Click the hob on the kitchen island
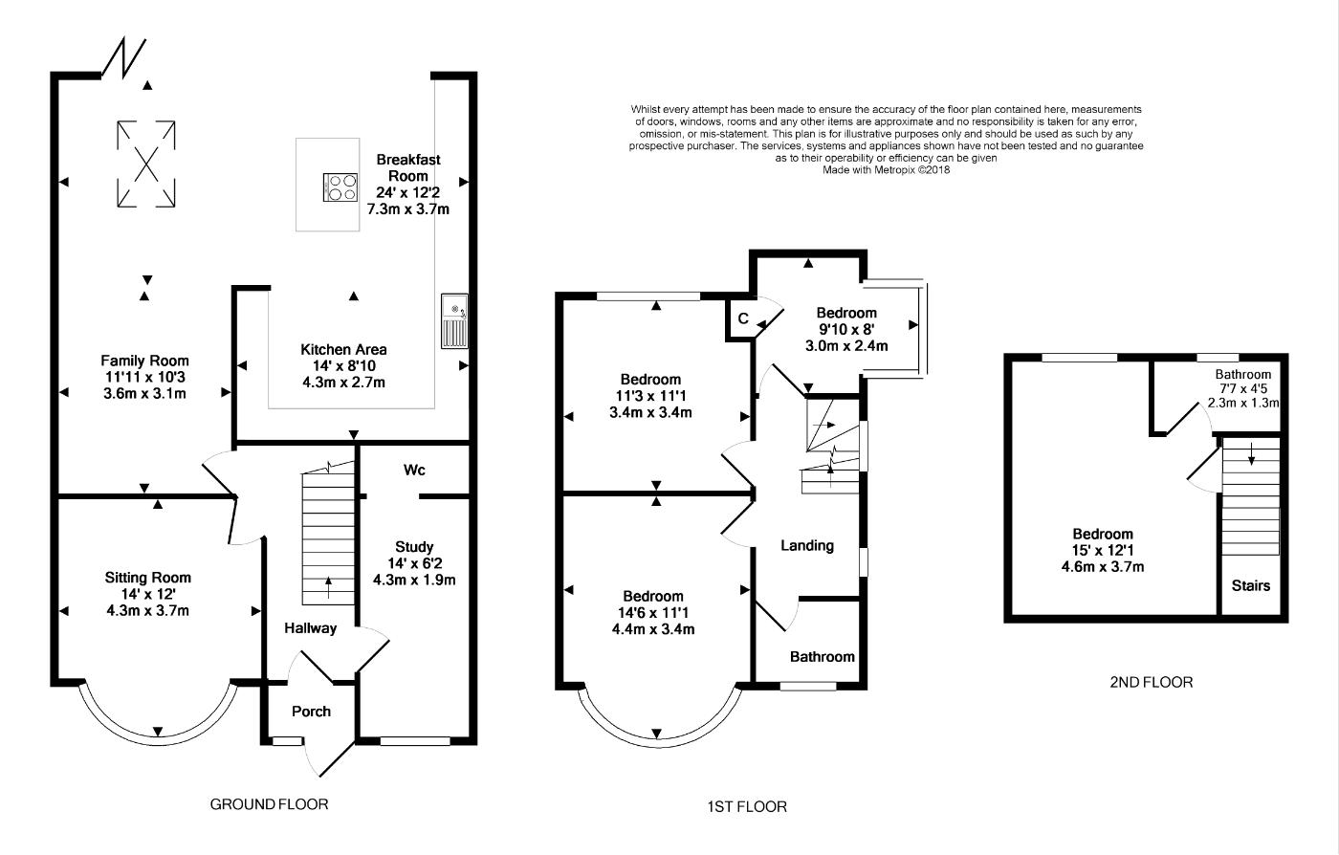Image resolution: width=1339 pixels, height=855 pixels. pos(340,187)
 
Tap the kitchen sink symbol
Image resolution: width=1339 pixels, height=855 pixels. pos(454,321)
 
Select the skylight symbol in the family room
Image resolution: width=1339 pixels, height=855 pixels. pos(145,164)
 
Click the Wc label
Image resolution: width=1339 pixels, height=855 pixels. pos(414,470)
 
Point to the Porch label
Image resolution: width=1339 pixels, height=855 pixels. pos(311,712)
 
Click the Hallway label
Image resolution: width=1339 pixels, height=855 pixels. pos(310,628)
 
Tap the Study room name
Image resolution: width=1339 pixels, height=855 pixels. pos(414,547)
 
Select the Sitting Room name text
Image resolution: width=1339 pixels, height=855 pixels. pos(147,578)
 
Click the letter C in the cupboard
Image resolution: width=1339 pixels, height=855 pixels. pos(743,318)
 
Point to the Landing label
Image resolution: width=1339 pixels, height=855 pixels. pos(807,545)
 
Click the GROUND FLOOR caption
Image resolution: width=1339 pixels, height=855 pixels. pos(269,804)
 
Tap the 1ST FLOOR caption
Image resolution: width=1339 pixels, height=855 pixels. pos(747,806)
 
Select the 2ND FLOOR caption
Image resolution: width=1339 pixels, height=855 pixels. pos(1152,682)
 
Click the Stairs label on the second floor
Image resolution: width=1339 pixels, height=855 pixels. pos(1251,585)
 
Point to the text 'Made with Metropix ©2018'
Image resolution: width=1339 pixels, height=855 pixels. pos(887,170)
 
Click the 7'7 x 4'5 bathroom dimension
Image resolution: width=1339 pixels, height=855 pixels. pos(1243,388)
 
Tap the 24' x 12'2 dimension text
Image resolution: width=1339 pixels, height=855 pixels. pos(408,192)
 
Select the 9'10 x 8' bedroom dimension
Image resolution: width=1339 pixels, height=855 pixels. pos(845,329)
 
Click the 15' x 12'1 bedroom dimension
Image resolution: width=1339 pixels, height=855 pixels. pos(1103,550)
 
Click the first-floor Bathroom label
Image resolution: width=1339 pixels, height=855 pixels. pos(822,657)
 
